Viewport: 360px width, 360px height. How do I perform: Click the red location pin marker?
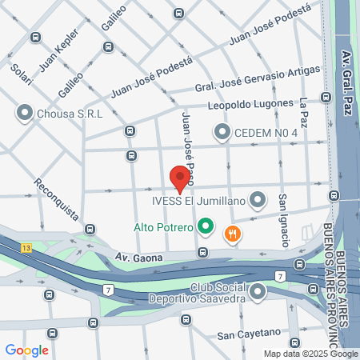(180, 177)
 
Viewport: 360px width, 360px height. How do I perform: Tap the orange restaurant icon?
(234, 234)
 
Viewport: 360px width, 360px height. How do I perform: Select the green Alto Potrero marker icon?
(206, 227)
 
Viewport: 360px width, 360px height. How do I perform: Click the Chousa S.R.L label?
(70, 113)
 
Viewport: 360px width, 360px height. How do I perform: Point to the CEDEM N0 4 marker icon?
(222, 131)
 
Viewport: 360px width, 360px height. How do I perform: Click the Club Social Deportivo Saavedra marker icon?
(257, 294)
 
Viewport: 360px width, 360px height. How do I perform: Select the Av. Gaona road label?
(138, 258)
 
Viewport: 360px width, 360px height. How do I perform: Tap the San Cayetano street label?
(249, 333)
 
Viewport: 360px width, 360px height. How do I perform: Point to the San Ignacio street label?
(283, 218)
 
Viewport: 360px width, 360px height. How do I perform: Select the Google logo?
(26, 350)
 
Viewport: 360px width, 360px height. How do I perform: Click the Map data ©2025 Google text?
(311, 354)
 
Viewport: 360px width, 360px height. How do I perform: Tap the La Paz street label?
(303, 112)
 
